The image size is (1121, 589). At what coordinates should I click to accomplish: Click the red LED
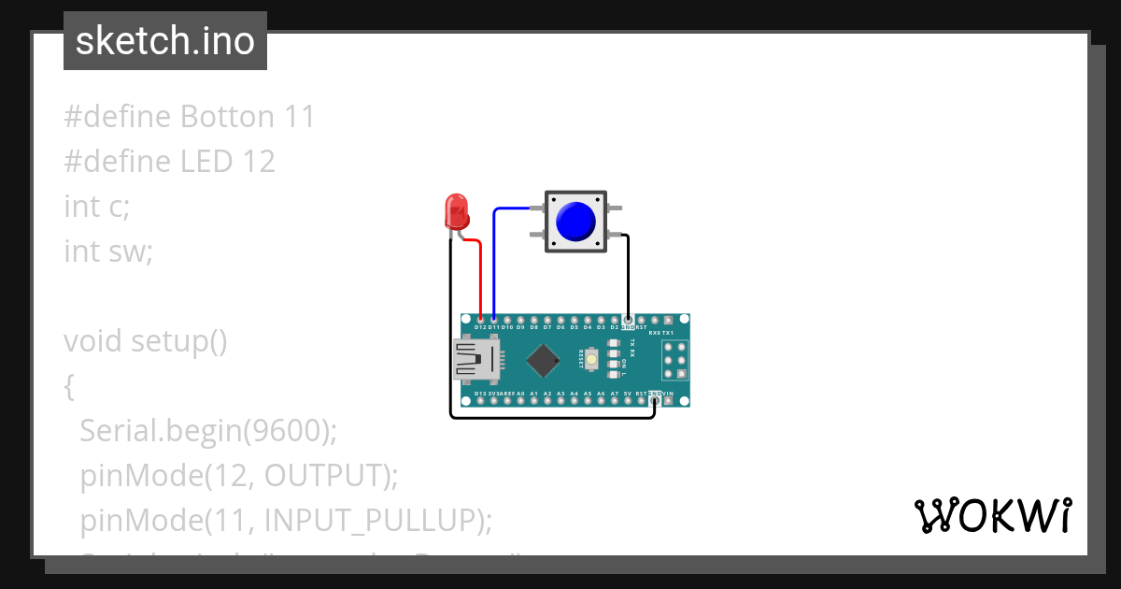(x=456, y=211)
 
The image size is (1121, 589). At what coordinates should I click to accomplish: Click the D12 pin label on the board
(x=480, y=328)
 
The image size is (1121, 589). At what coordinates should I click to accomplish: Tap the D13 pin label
(x=480, y=395)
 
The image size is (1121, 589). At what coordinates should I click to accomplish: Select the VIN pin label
(x=668, y=395)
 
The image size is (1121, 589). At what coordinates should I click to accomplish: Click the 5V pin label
(x=628, y=395)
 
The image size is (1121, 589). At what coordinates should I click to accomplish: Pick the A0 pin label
(x=520, y=395)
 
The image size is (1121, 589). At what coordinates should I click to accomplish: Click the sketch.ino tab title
(x=165, y=41)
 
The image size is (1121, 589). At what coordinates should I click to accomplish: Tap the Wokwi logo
(x=993, y=515)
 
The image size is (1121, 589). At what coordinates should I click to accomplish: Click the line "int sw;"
(x=108, y=251)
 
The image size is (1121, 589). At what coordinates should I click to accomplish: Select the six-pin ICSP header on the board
(x=675, y=360)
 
